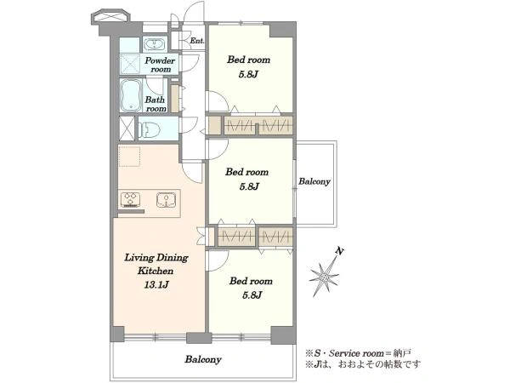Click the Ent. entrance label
pyautogui.click(x=197, y=41)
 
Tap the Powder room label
pyautogui.click(x=160, y=65)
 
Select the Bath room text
pyautogui.click(x=156, y=104)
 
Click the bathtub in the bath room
pyautogui.click(x=131, y=95)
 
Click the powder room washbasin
pyautogui.click(x=155, y=44)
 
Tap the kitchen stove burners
pyautogui.click(x=130, y=200)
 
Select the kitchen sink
pyautogui.click(x=166, y=200)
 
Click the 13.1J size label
pyautogui.click(x=156, y=285)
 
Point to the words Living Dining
pyautogui.click(x=156, y=258)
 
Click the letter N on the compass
pyautogui.click(x=340, y=251)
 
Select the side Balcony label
pyautogui.click(x=314, y=181)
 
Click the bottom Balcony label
pyautogui.click(x=203, y=359)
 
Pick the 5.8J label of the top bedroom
pyautogui.click(x=248, y=74)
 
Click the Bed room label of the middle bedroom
pyautogui.click(x=246, y=172)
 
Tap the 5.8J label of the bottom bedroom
pyautogui.click(x=252, y=295)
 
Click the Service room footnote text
pyautogui.click(x=359, y=353)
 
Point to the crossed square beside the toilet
pyautogui.click(x=127, y=129)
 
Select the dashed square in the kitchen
pyautogui.click(x=129, y=157)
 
